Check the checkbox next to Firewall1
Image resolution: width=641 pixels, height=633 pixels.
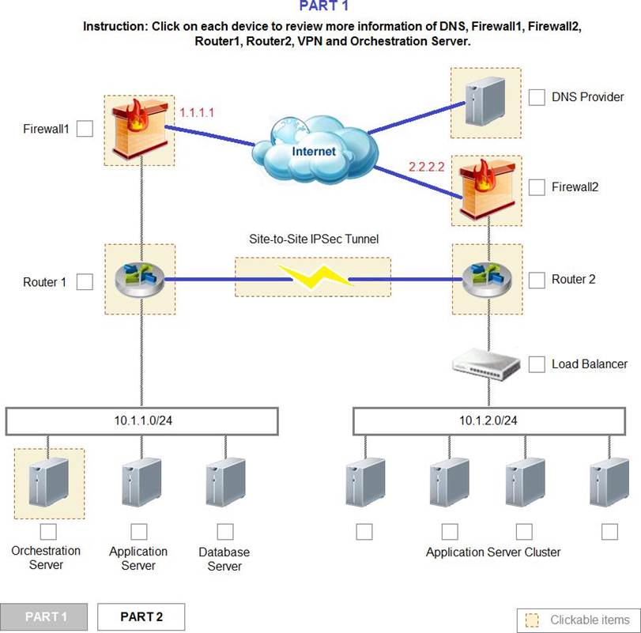coord(85,129)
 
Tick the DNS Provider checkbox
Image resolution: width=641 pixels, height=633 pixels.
coord(537,97)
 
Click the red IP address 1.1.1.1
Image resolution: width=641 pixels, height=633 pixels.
coord(196,113)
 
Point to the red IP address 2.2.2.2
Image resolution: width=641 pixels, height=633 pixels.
coord(428,168)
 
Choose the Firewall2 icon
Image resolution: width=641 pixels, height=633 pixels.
coord(485,190)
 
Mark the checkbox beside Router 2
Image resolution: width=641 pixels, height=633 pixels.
coord(537,280)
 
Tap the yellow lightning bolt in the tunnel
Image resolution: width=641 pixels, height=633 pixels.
coord(312,277)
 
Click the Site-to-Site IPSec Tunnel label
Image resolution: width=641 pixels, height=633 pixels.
coord(312,239)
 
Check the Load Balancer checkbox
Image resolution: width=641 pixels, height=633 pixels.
coord(537,364)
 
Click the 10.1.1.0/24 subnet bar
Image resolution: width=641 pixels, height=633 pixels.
coord(142,421)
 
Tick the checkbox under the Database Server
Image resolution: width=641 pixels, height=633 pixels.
coord(225,531)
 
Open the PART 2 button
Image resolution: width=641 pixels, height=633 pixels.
coord(141,616)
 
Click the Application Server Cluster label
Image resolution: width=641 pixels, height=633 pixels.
coord(493,552)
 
